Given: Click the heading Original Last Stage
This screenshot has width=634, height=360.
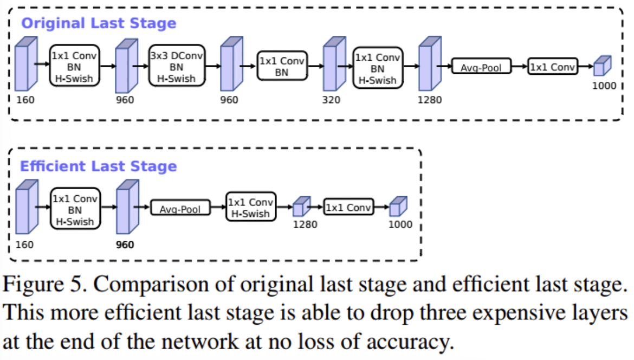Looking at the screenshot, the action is (99, 23).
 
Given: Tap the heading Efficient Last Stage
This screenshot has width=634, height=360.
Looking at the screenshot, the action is (99, 166).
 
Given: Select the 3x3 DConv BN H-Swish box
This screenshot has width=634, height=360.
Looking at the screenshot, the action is (177, 66).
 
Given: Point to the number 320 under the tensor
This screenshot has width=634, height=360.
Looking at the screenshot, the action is (331, 100).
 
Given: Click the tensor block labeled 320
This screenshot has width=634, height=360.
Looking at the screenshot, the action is (334, 63).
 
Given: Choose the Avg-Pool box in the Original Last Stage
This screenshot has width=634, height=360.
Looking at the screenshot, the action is (481, 66).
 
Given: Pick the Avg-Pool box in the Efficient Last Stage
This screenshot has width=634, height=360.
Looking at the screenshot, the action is (180, 208).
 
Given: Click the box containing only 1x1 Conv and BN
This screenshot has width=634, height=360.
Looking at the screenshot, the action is (282, 66).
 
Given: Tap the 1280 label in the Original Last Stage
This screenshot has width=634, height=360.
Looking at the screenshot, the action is (429, 100).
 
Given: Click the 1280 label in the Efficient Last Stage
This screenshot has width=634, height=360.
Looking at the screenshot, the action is (305, 224).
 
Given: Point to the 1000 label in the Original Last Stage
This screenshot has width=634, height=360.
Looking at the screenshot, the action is (604, 86).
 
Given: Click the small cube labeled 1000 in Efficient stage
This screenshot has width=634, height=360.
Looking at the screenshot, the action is (398, 206).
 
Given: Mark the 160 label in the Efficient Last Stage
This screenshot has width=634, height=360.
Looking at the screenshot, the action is (24, 245).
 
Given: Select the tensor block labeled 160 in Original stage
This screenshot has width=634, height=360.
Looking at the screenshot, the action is (27, 63).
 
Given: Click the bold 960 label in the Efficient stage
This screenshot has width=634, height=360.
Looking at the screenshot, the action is (125, 245).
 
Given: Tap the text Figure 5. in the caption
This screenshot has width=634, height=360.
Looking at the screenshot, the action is (45, 284).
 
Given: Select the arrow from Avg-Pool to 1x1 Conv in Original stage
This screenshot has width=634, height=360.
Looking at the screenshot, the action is (520, 66).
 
